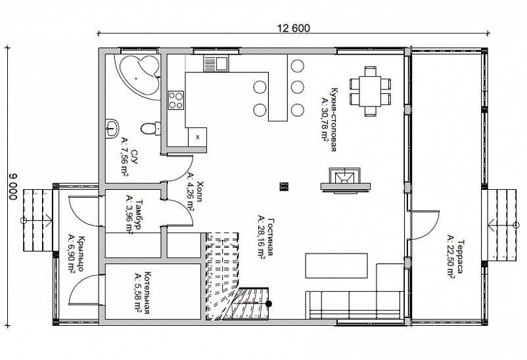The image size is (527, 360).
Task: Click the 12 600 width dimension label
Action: pos(294,28)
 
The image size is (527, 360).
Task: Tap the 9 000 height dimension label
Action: pos(12,186)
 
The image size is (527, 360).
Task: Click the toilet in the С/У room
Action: pos(150,128)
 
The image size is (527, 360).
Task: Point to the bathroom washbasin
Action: pos(111,127)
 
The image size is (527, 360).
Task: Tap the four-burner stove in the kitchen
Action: pos(176,101)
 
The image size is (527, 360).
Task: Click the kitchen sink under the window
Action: pos(216,63)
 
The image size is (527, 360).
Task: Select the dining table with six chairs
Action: pos(370,91)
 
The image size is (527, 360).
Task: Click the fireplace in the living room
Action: pos(345,181)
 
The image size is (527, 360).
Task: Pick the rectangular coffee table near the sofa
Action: pos(336,265)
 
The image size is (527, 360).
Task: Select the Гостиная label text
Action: pos(271,236)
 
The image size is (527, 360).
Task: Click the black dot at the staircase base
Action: pos(269,304)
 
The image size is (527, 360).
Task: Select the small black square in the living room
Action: pos(284,186)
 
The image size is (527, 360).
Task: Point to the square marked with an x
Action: pos(197,137)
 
